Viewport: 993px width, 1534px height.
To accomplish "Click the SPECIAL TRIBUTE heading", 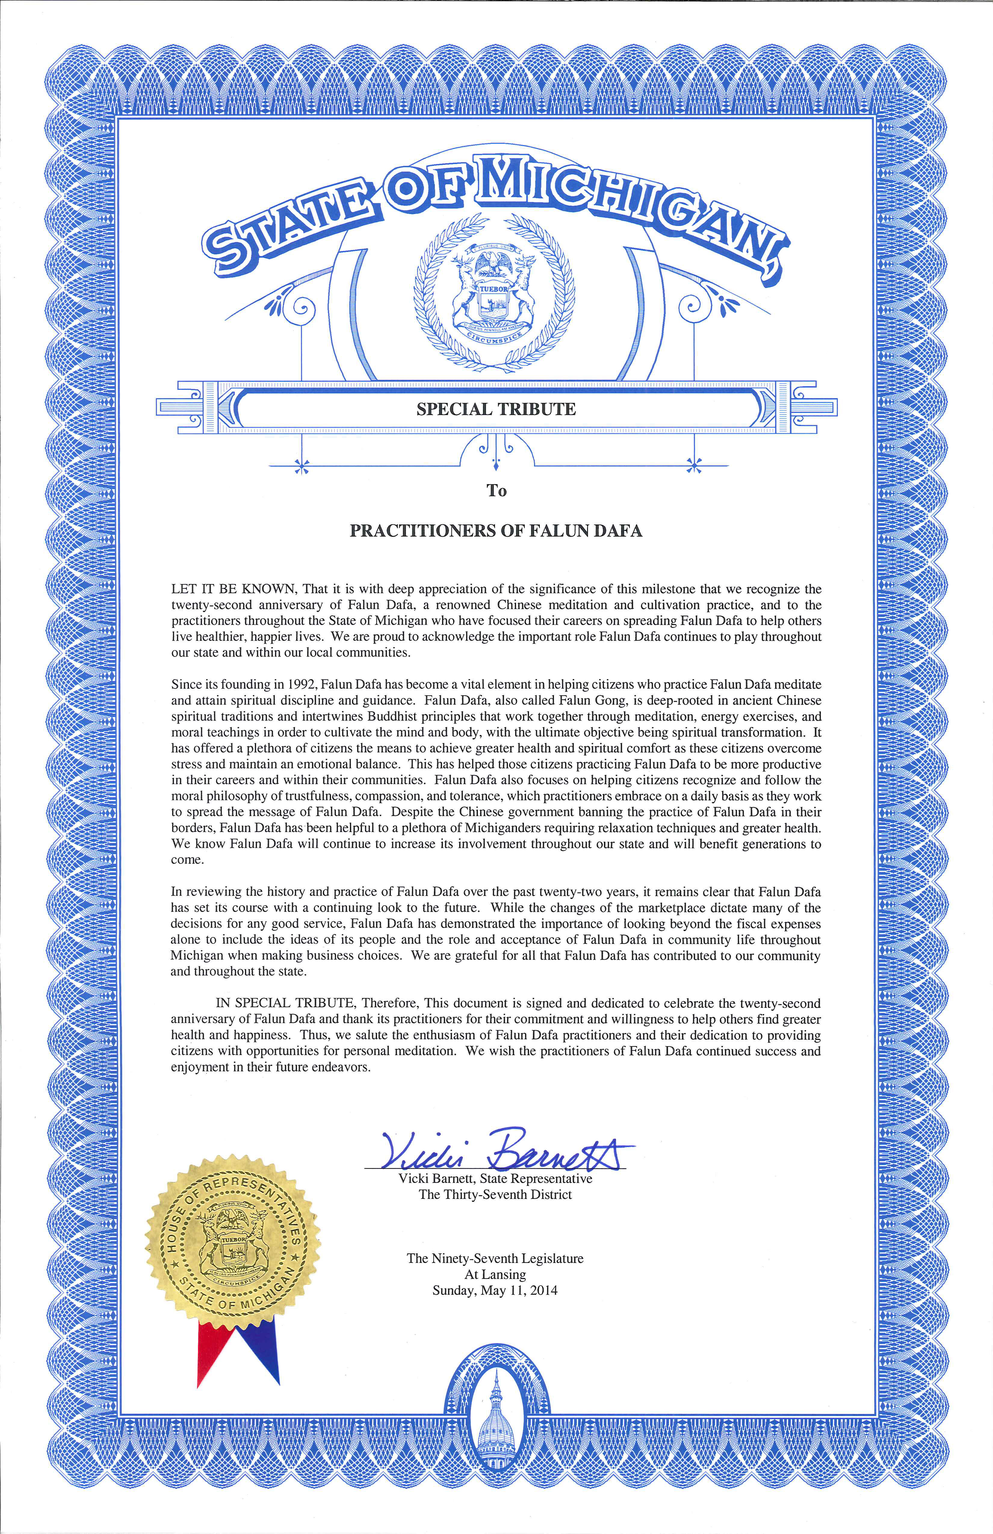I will pos(496,409).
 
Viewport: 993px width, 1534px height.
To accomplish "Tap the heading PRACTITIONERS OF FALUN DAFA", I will pos(496,531).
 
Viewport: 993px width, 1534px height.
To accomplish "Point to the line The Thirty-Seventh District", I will pos(495,1194).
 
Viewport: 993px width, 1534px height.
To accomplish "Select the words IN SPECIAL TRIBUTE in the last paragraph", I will pos(285,1003).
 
